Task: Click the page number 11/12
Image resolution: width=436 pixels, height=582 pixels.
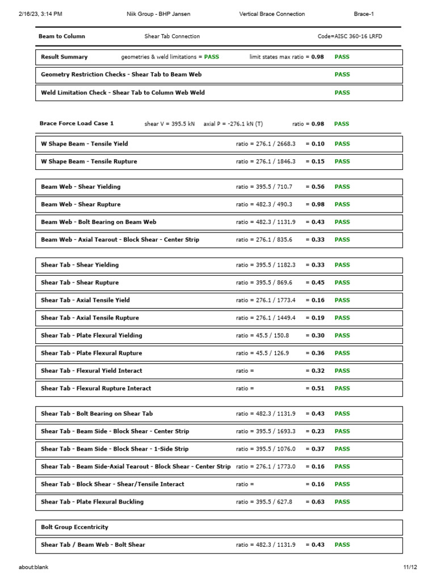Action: pyautogui.click(x=410, y=567)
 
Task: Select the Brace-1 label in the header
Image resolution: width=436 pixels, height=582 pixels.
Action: pyautogui.click(x=364, y=14)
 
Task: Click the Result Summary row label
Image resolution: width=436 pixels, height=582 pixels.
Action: pyautogui.click(x=64, y=57)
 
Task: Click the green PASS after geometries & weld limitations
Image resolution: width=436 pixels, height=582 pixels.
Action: pyautogui.click(x=212, y=57)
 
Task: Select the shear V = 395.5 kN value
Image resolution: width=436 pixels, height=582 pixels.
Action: pyautogui.click(x=170, y=124)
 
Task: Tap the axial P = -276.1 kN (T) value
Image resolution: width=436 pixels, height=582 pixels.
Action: pyautogui.click(x=233, y=124)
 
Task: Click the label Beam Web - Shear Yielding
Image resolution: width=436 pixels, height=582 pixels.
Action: pyautogui.click(x=81, y=187)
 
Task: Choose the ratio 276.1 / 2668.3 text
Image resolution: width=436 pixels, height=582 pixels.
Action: pyautogui.click(x=266, y=144)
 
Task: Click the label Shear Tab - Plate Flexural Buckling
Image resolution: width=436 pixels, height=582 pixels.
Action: pyautogui.click(x=92, y=502)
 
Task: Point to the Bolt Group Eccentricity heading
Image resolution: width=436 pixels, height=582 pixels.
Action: pyautogui.click(x=74, y=527)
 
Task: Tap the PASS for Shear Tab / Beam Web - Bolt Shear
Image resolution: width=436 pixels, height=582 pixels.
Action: pyautogui.click(x=342, y=545)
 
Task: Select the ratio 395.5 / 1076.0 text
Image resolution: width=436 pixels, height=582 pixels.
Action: pyautogui.click(x=266, y=449)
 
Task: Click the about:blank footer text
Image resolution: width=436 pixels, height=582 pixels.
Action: pyautogui.click(x=33, y=567)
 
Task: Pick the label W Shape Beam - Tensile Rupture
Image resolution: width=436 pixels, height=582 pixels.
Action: pyautogui.click(x=89, y=162)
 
